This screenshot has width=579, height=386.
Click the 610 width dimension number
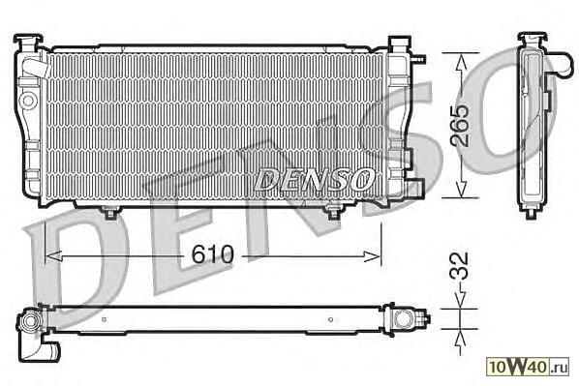pos(213,253)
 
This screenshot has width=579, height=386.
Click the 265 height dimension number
pos(460,125)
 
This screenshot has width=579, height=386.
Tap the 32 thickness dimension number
pos(460,265)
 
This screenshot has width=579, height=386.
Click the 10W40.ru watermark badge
pos(528,366)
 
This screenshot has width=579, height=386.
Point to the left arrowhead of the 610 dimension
pos(53,255)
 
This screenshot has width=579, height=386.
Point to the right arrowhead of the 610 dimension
pos(372,256)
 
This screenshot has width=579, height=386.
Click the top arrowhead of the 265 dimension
pos(461,61)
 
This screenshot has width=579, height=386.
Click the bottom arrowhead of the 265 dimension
pos(461,190)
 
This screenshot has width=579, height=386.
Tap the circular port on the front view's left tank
pos(28,100)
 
